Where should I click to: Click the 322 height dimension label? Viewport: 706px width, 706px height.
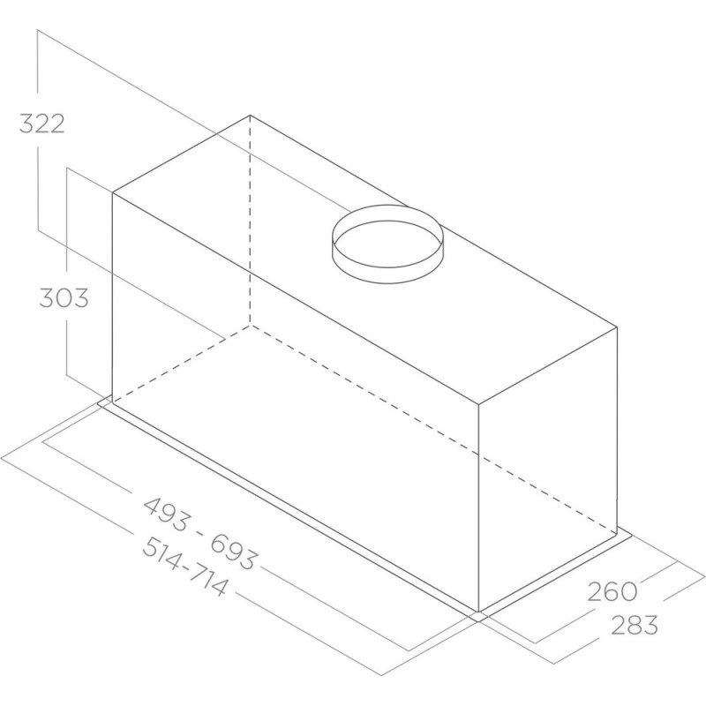[x=41, y=124]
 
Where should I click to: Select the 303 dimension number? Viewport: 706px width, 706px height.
[x=64, y=298]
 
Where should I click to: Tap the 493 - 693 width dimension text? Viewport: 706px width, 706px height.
[x=200, y=533]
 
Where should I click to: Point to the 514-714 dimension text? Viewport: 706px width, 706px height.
[x=184, y=567]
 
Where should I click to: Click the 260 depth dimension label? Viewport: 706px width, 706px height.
[x=612, y=591]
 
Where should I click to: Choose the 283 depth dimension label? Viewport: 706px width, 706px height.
[x=634, y=625]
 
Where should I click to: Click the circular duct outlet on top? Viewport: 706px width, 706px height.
[x=387, y=244]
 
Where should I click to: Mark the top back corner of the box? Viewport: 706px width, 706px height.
[x=250, y=116]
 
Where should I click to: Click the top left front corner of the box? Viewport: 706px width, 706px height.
[x=113, y=193]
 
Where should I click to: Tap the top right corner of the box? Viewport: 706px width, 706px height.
[x=616, y=327]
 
